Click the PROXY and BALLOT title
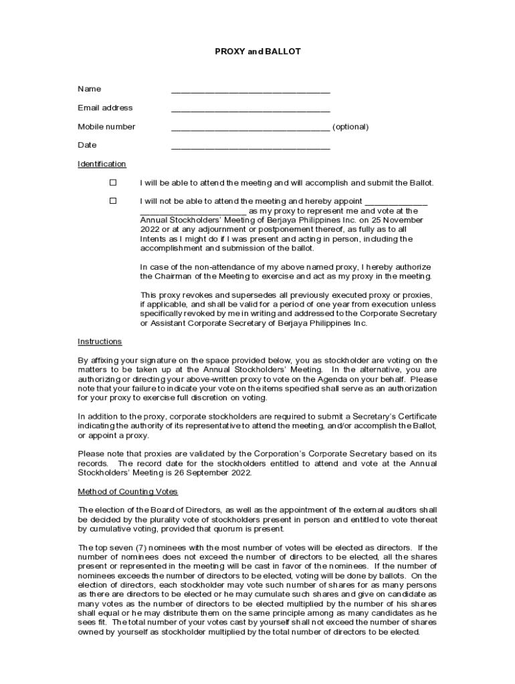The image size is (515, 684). coord(257,51)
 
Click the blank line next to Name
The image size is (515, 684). coord(250,91)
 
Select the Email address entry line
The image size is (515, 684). coord(250,110)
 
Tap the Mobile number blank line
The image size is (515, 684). coord(250,128)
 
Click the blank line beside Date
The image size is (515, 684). coord(250,147)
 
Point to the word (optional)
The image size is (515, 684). coord(350,127)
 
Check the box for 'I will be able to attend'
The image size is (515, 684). coord(113,182)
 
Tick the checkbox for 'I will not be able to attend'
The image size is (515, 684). coord(113,200)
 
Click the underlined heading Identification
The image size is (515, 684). coord(102,164)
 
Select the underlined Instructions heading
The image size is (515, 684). coord(100,342)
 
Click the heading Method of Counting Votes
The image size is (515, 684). coord(128,492)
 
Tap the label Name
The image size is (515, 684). coord(89,90)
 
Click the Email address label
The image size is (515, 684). coord(105,108)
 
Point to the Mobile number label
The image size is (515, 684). coord(106,127)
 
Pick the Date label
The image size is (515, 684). coord(87,146)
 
